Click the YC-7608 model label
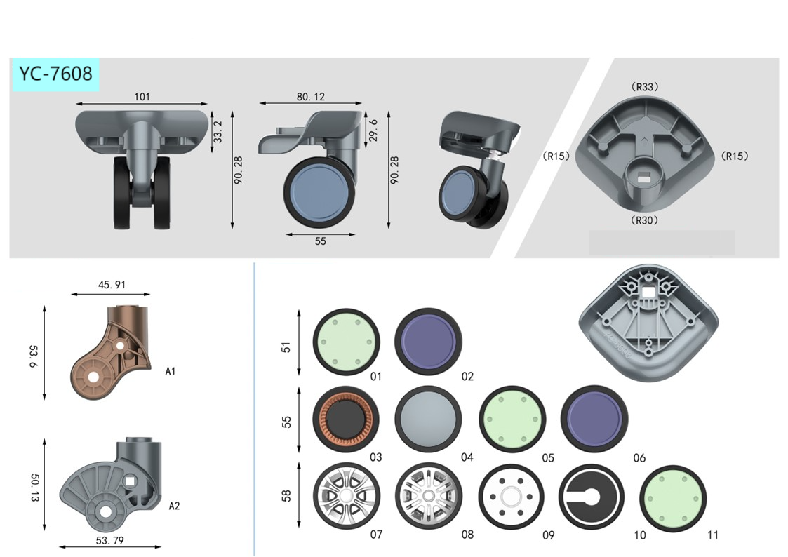[x=55, y=74]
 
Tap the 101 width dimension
[x=142, y=96]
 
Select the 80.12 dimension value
[x=311, y=96]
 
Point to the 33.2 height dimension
[x=218, y=132]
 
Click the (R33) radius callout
[x=644, y=87]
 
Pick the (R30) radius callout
[x=644, y=220]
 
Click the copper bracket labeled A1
[x=112, y=351]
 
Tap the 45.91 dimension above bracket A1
[x=112, y=285]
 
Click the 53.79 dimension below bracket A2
[x=109, y=540]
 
